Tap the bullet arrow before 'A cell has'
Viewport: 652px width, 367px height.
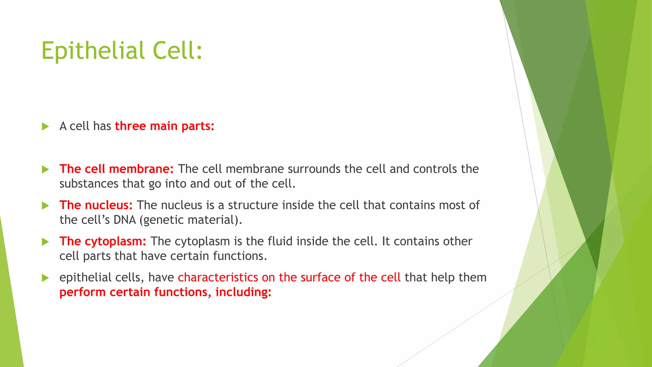pyautogui.click(x=45, y=126)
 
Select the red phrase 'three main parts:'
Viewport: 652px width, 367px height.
pyautogui.click(x=165, y=126)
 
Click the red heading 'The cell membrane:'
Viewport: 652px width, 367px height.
pyautogui.click(x=117, y=169)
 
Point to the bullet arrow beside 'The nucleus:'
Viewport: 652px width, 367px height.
pyautogui.click(x=45, y=205)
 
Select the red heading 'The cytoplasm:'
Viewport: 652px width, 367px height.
pyautogui.click(x=103, y=241)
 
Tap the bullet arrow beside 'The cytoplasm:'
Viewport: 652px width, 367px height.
pyautogui.click(x=45, y=242)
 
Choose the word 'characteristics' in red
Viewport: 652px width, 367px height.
pyautogui.click(x=218, y=277)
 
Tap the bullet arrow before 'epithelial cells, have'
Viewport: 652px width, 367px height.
pyautogui.click(x=45, y=278)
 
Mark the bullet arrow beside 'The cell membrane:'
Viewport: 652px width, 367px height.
pyautogui.click(x=45, y=169)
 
